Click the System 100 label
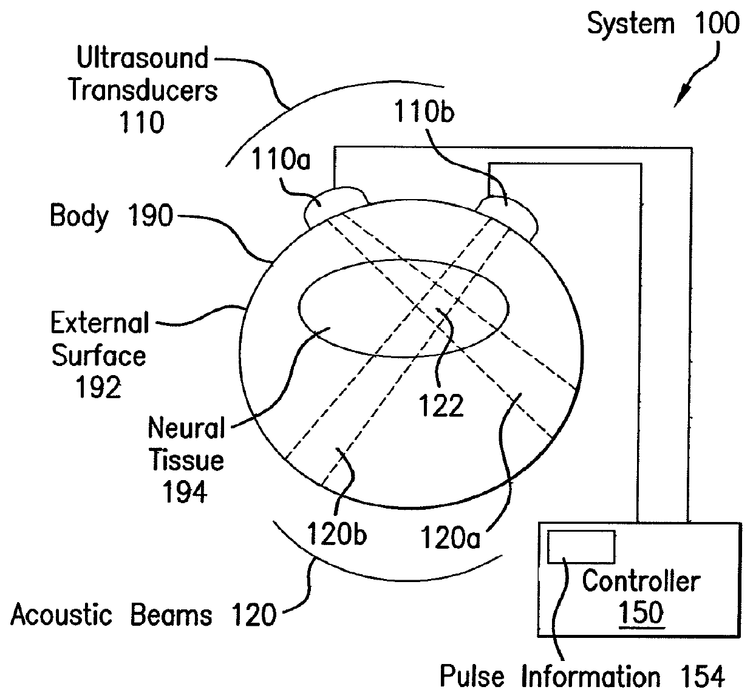point(663,24)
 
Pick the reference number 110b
point(424,112)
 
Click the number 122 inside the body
point(441,405)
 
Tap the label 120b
point(336,534)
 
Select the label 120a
point(450,537)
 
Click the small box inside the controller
point(581,546)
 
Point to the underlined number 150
point(641,612)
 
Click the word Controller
point(641,581)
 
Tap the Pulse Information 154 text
point(582,676)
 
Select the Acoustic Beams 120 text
point(143,615)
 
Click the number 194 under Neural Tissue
point(185,492)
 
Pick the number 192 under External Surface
point(98,387)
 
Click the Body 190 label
point(111,215)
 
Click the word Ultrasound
point(143,58)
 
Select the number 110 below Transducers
point(141,122)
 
